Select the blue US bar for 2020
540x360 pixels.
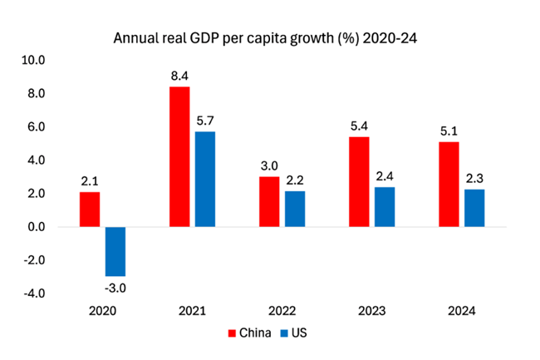tap(115, 251)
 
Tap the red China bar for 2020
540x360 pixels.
tap(90, 210)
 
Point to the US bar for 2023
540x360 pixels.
tap(385, 207)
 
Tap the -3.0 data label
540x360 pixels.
tap(115, 288)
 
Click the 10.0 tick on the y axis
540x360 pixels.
tap(37, 61)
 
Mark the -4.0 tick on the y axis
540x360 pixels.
tap(37, 293)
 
